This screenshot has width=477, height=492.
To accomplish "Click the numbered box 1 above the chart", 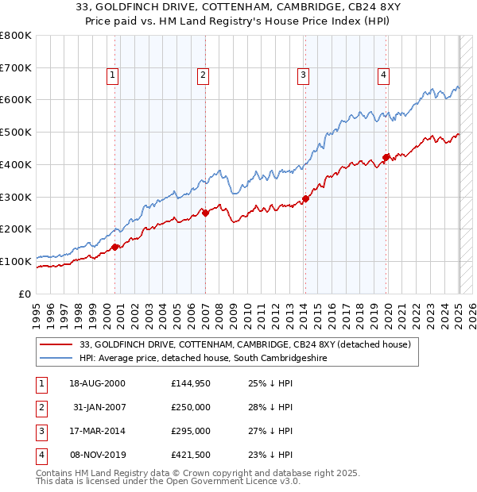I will point(113,75).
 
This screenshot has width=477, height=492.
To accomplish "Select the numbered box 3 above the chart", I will point(303,75).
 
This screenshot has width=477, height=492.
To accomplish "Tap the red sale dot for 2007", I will point(205,213).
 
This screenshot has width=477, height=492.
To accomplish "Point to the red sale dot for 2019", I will point(386,157).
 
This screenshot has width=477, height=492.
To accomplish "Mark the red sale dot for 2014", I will point(305,198).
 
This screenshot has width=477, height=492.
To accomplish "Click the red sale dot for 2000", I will point(115,247).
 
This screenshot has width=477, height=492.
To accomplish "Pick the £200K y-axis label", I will point(16,229).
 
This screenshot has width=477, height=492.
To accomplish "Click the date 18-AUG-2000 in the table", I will point(98,383).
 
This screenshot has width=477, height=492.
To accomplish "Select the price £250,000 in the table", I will point(191,407).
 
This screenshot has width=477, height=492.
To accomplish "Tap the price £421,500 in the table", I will point(191,455).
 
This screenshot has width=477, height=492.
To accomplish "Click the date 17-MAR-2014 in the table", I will point(98,431).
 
